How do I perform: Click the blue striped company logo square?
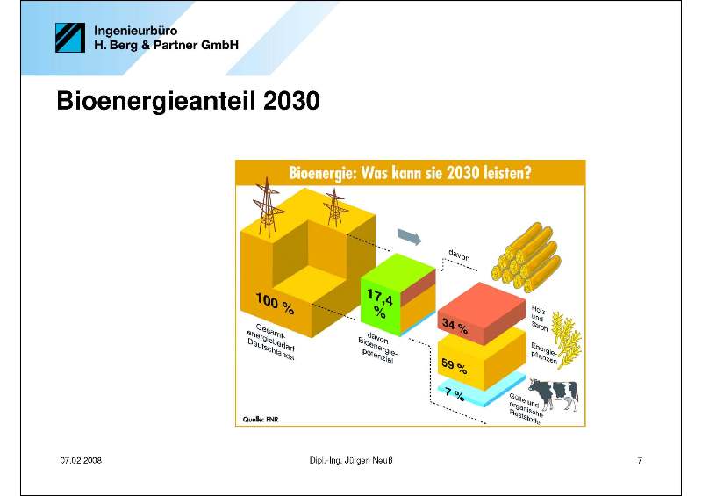pos(70,38)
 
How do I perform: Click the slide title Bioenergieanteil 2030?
pos(188,101)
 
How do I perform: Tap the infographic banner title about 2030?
pos(410,172)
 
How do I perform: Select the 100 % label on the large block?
pos(275,304)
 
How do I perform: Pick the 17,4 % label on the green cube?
pos(380,303)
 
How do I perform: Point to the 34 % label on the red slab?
pos(455,326)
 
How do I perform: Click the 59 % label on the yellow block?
pos(454,365)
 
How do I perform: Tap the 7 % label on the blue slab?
pos(455,393)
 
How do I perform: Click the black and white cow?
pos(554,394)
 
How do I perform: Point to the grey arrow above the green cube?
pos(409,236)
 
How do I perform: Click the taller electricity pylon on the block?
pos(267,206)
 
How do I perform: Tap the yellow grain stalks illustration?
pos(566,339)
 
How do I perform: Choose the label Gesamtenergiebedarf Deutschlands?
pos(271,341)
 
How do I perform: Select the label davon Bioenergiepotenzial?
pos(378,348)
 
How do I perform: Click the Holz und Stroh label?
pos(540,318)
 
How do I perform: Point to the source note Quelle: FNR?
pos(261,420)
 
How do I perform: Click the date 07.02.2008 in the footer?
pos(81,460)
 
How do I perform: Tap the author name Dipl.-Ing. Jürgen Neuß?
pos(351,460)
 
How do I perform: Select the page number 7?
pos(640,460)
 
